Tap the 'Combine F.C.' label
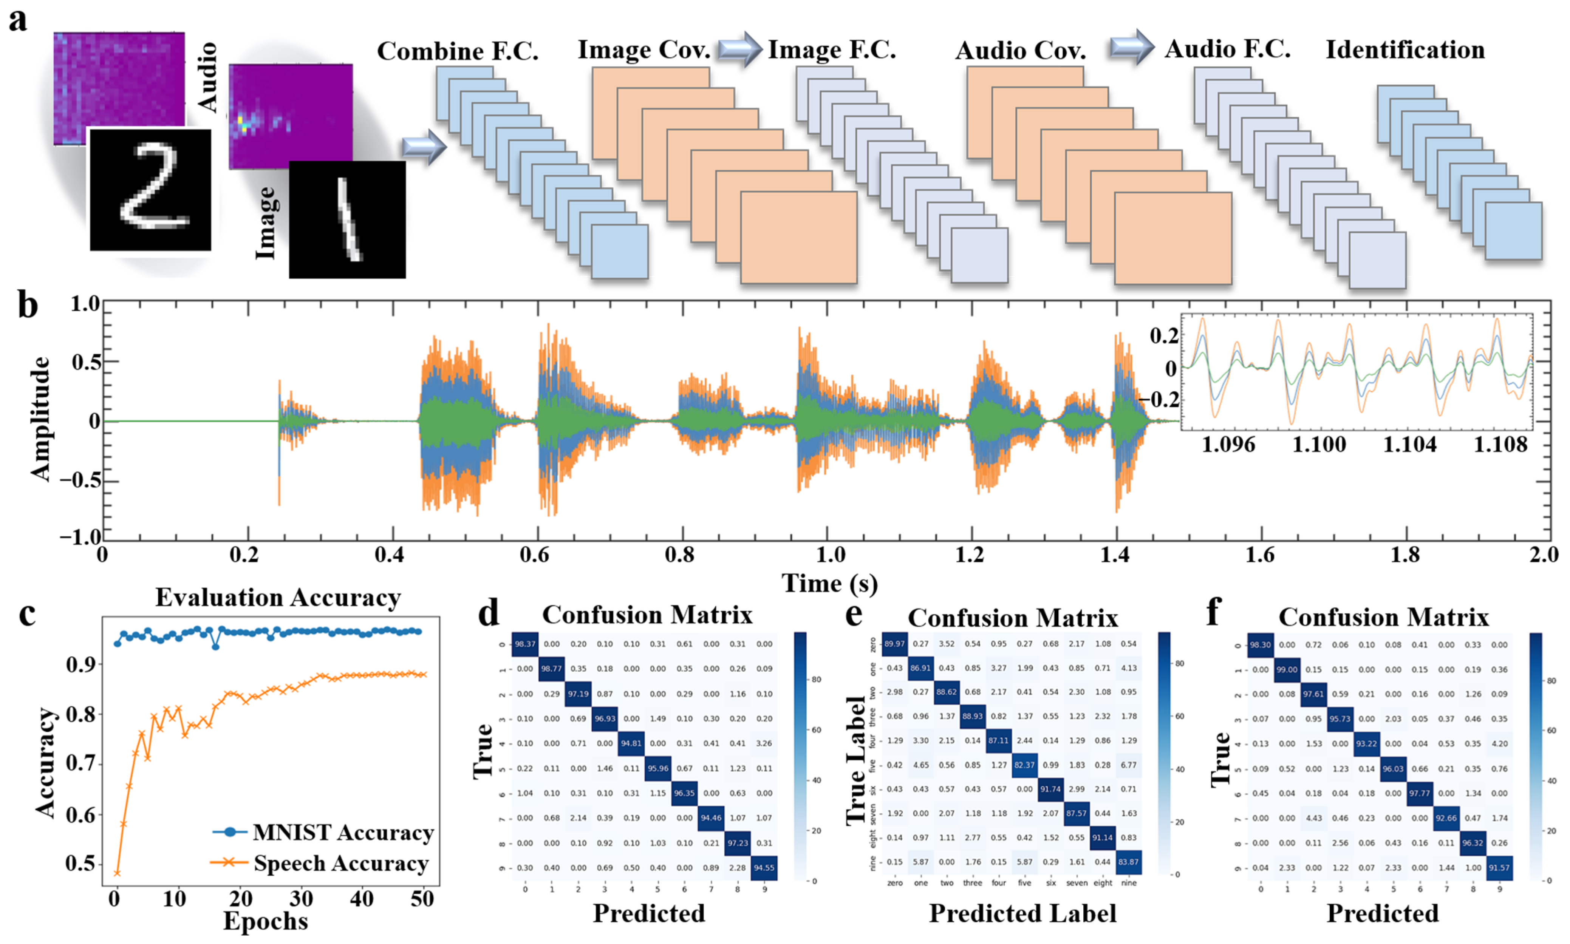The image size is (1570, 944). pos(457,51)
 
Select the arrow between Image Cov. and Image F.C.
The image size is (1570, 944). pos(739,48)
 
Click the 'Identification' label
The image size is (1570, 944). pos(1404,49)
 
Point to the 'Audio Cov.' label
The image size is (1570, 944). pos(1020,51)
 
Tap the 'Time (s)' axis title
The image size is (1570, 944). pos(829,583)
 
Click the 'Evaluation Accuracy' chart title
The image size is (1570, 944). pos(278,598)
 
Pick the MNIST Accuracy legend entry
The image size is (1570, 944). pos(323,832)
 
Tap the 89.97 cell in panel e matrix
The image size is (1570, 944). pos(894,644)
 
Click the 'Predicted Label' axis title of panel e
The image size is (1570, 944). pos(1022,913)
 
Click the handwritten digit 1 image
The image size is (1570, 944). pos(347,219)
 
